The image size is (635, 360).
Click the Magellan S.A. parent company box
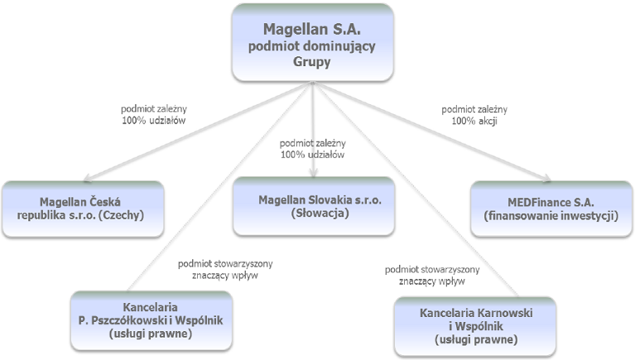(x=313, y=42)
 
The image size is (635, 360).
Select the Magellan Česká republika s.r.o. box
(x=83, y=209)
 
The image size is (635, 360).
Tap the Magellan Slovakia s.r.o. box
(x=314, y=206)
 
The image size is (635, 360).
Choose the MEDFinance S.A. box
(x=551, y=209)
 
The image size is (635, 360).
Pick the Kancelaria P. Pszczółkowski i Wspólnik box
(x=152, y=320)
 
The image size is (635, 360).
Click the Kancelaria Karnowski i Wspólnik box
(x=475, y=326)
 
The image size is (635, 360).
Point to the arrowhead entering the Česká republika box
(x=87, y=178)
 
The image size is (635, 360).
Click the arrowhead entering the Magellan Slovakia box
(x=313, y=173)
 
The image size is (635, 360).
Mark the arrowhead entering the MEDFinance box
(x=546, y=177)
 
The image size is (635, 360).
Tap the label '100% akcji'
(x=474, y=121)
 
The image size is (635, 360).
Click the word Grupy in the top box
(x=312, y=62)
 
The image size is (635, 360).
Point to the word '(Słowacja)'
(x=320, y=213)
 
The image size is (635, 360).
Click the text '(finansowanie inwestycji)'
(x=551, y=215)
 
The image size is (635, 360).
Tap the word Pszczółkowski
(x=129, y=320)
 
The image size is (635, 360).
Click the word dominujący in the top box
(x=336, y=46)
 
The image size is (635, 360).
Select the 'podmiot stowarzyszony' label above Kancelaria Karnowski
(x=432, y=270)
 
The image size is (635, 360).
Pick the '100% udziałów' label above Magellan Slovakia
(x=313, y=154)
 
